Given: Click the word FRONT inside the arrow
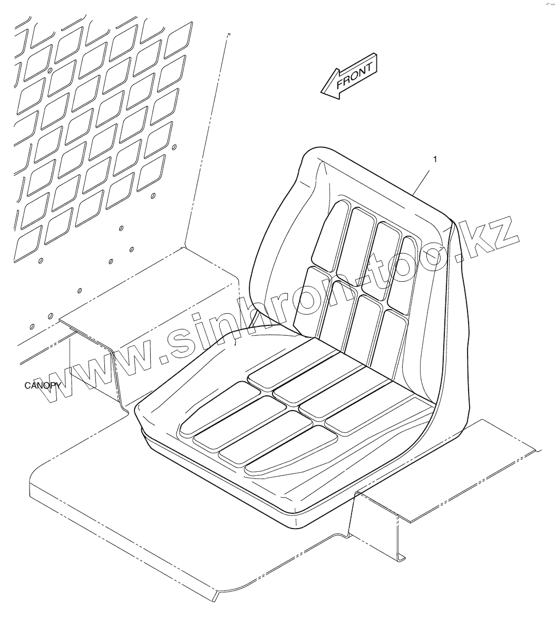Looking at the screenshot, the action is click(x=355, y=75).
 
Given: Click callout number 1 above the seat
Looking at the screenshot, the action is click(x=434, y=158).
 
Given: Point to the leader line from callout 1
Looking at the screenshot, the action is click(x=423, y=178).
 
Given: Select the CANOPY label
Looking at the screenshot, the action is click(x=43, y=385).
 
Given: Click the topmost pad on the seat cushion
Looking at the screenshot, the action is click(x=295, y=363).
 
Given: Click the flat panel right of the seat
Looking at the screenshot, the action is click(x=474, y=463).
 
